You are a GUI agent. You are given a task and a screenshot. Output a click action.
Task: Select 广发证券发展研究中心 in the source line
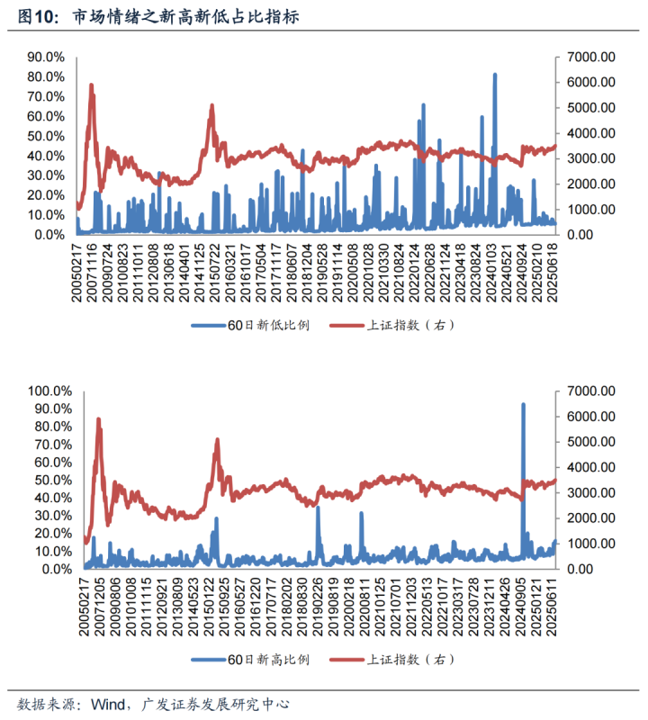pyautogui.click(x=215, y=703)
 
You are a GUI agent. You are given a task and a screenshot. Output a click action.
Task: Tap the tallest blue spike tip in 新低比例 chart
pyautogui.click(x=495, y=75)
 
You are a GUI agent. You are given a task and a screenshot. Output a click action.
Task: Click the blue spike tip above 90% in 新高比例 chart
pyautogui.click(x=523, y=405)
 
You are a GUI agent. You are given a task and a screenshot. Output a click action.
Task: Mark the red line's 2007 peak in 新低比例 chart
pyautogui.click(x=92, y=85)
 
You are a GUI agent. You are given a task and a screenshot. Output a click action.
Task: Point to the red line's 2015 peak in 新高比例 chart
pyautogui.click(x=217, y=440)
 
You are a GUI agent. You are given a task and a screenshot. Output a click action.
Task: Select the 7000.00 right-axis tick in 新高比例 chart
pyautogui.click(x=589, y=391)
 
